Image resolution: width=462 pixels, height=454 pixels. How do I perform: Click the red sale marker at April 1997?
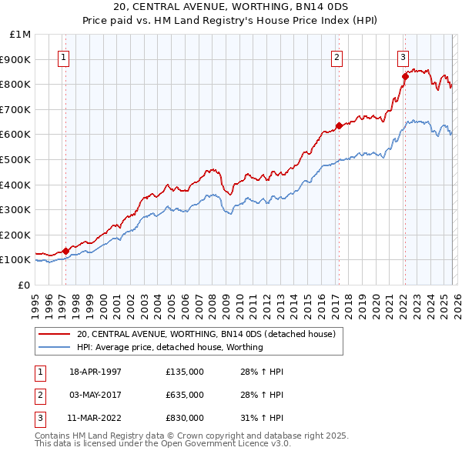coord(66,250)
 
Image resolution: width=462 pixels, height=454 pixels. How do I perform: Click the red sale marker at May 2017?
coord(338,125)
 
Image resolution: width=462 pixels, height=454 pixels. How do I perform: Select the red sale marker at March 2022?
coord(404,76)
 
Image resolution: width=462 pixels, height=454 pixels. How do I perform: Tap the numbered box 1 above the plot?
coord(62,56)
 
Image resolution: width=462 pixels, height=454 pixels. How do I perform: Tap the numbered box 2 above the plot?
coord(336,56)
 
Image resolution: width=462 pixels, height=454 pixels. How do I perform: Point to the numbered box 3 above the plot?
coord(403,56)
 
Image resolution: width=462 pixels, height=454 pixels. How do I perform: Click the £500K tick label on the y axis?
coord(15,159)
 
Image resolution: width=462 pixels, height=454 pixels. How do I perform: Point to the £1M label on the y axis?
coord(20,35)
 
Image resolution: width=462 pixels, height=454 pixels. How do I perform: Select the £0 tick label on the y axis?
coord(24,285)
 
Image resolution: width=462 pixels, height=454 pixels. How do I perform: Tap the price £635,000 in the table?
coord(185,395)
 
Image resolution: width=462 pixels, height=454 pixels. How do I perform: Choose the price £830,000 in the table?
coord(185,418)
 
